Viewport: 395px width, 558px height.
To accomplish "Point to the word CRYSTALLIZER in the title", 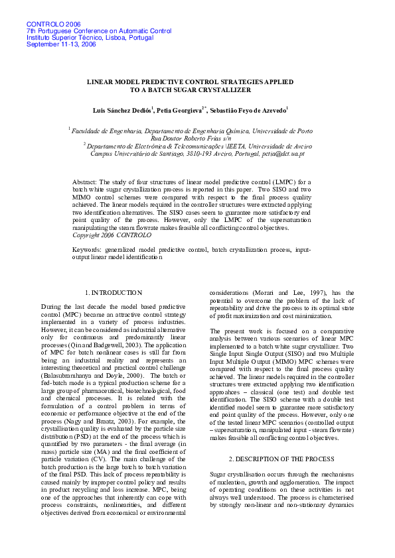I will (221, 90).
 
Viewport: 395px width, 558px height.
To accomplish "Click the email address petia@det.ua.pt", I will (283, 154).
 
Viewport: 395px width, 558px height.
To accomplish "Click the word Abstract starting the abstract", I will (84, 181).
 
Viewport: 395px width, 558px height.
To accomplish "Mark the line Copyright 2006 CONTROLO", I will (106, 235).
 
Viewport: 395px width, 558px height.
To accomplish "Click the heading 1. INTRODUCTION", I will (114, 292).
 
